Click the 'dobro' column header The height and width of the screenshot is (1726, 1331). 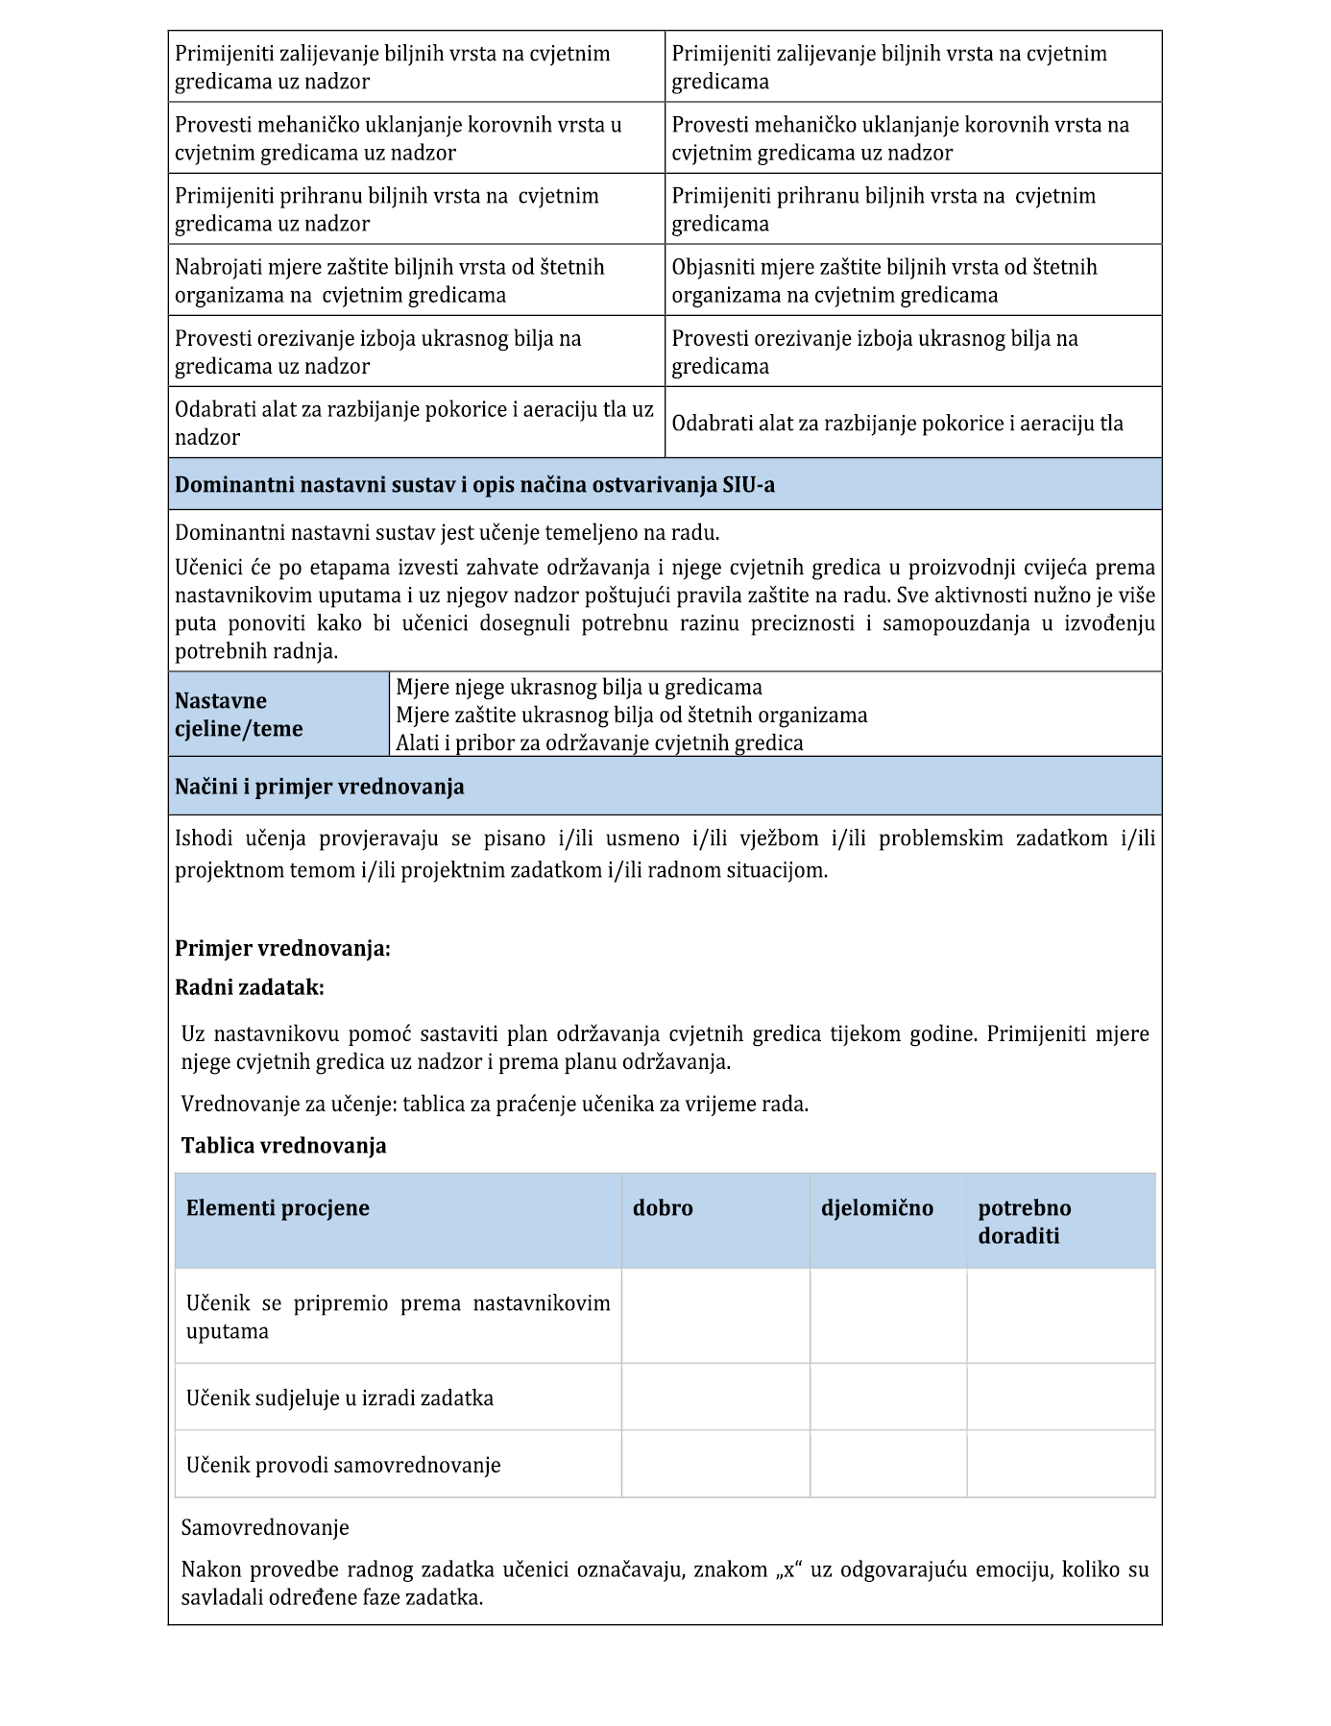click(663, 1208)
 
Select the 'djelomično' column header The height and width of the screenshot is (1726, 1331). click(877, 1208)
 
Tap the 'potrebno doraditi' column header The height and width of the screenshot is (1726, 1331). click(1024, 1222)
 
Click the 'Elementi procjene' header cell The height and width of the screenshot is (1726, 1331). click(278, 1208)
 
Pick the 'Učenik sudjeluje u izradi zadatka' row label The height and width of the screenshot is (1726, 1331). click(340, 1398)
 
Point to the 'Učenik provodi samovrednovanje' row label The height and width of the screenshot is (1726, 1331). click(344, 1465)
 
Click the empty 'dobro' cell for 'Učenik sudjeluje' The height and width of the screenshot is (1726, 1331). click(715, 1397)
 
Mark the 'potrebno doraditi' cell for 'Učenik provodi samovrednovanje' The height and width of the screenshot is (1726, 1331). click(1060, 1464)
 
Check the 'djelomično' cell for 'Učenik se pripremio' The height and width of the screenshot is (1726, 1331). click(888, 1316)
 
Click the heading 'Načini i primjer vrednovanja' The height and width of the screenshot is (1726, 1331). click(320, 787)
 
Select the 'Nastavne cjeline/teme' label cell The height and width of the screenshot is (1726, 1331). click(239, 715)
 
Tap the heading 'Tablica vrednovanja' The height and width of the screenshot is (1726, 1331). click(284, 1146)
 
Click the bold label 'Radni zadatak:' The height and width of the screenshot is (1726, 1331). click(250, 987)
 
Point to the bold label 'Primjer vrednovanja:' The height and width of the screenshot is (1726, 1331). click(282, 949)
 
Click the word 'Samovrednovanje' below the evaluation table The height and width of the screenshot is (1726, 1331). click(265, 1527)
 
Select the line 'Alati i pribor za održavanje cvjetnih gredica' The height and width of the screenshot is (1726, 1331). click(599, 742)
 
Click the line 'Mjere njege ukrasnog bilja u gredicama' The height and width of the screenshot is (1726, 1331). click(579, 688)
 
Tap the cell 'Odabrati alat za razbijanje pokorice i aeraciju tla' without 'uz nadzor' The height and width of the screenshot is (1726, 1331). click(897, 424)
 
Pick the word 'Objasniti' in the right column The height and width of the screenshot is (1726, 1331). click(714, 267)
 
